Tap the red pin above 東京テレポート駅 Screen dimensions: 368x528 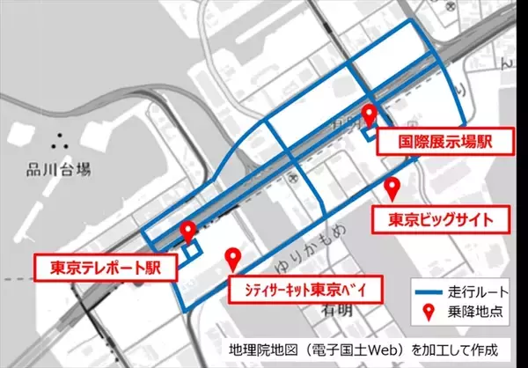[187, 232]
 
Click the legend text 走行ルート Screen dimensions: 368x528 [475, 290]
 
